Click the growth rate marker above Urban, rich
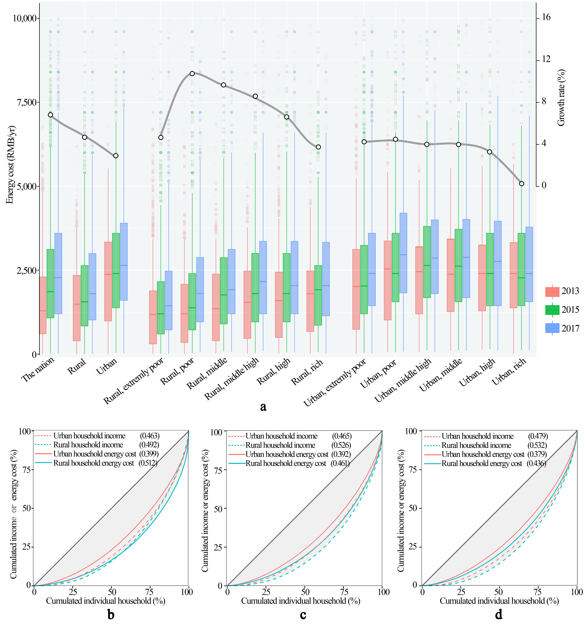tap(521, 184)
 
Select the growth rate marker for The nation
tap(50, 115)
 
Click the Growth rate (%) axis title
tap(561, 98)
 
